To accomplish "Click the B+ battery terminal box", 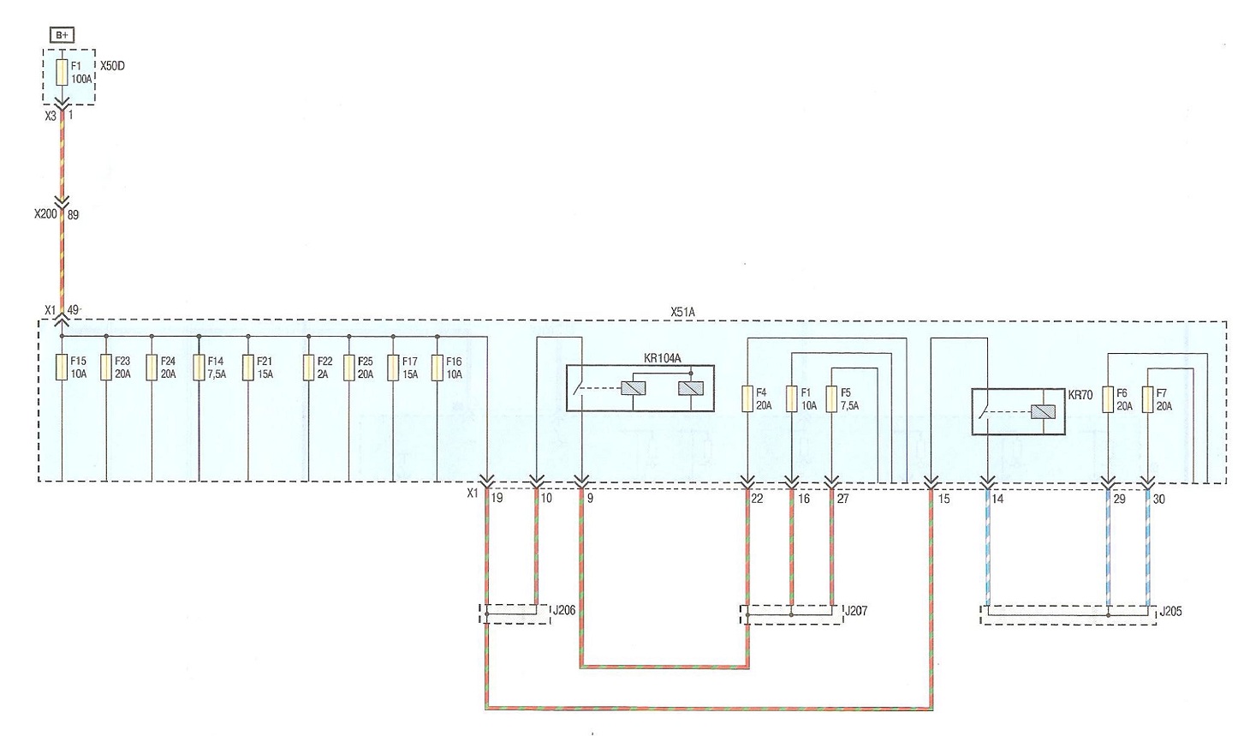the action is point(62,35).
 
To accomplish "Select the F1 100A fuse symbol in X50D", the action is point(62,73).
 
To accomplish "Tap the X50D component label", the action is point(112,66).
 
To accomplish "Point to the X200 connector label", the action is point(45,214).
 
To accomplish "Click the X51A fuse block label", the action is point(682,313).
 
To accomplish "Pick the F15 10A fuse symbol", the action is point(62,368).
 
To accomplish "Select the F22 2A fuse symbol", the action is point(308,368).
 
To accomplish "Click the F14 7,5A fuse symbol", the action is point(199,368).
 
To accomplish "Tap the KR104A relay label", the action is point(662,358).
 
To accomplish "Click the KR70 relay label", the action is point(1080,395).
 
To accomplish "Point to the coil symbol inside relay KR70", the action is point(1043,412).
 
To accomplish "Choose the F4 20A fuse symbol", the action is point(747,398).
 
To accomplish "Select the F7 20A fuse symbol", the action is point(1148,399).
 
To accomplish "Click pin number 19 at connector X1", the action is point(497,498).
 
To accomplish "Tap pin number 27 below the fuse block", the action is point(842,499).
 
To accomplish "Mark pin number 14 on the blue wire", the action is point(997,499).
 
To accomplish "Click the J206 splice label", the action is point(564,610).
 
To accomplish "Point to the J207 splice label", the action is point(856,611).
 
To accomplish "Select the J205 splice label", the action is point(1170,612).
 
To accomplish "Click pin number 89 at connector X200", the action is point(73,215).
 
